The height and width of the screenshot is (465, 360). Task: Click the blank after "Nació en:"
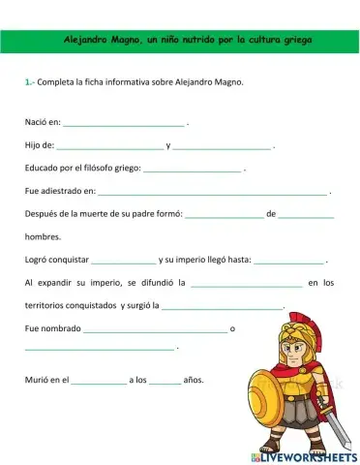pos(123,124)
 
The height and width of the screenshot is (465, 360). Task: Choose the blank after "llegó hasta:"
pos(290,260)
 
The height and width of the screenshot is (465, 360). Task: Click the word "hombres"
pos(43,236)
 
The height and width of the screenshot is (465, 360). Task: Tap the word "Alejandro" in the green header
pos(85,41)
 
